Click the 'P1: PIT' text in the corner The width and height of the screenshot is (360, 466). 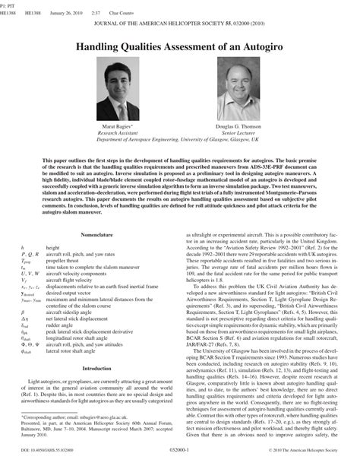click(x=8, y=4)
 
